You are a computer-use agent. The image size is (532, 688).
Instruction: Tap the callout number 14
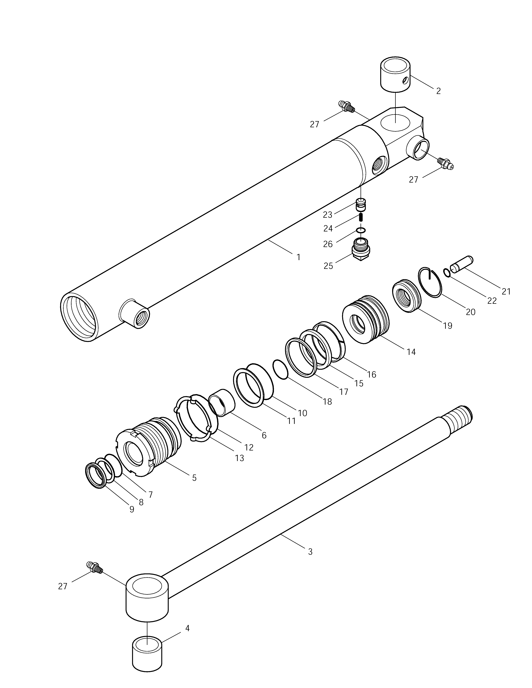[x=411, y=352]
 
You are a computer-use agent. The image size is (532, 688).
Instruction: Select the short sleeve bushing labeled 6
[x=222, y=402]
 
